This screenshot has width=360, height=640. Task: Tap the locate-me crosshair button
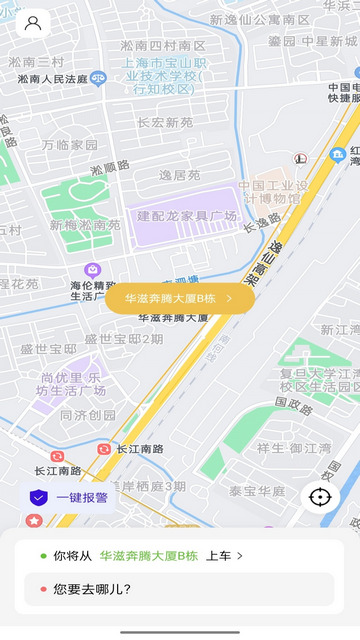(320, 497)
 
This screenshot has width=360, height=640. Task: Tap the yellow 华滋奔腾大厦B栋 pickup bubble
(180, 298)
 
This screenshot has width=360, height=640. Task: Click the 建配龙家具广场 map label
(187, 216)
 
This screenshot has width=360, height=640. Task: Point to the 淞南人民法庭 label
(48, 77)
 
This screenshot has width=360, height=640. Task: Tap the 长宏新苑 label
(165, 123)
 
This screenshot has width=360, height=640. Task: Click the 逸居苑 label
(180, 175)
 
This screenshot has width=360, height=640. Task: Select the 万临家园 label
(70, 144)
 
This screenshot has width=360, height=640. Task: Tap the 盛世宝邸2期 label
(123, 339)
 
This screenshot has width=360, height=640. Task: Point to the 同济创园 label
(88, 415)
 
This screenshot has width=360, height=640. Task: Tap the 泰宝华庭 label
(257, 491)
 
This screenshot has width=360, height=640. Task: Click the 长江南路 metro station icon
(104, 450)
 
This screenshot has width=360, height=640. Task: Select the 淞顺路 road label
(110, 166)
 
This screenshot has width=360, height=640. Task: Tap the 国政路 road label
(293, 404)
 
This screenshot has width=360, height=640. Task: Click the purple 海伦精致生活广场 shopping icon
(92, 270)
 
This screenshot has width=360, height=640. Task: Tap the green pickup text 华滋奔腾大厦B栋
(148, 555)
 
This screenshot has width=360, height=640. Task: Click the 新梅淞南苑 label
(85, 225)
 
